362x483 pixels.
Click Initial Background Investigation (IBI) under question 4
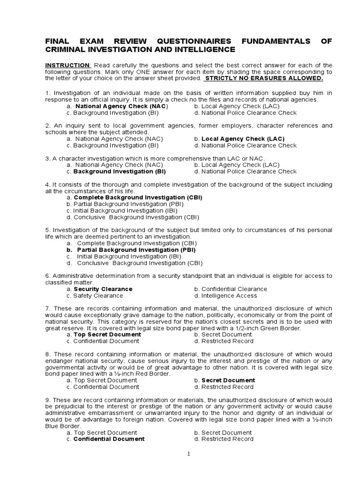[130, 211]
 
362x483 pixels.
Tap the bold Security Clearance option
[103, 289]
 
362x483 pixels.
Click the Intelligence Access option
[229, 296]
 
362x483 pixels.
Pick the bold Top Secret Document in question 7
[107, 334]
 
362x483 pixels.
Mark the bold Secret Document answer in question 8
[228, 380]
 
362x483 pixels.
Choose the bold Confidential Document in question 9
[109, 439]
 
